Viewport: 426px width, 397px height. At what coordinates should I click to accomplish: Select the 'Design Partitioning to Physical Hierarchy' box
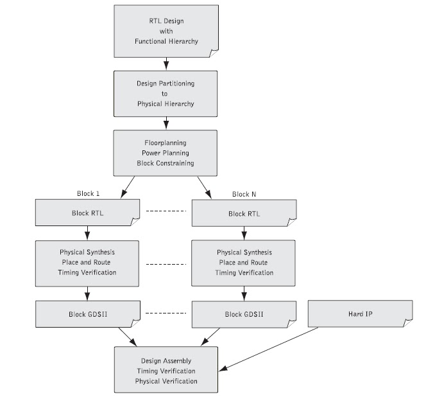pos(167,93)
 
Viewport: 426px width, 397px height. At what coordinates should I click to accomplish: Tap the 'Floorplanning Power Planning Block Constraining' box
pos(167,154)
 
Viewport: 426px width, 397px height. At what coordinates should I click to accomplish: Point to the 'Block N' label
pos(244,194)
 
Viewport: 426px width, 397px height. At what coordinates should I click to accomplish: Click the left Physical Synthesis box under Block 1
pos(87,263)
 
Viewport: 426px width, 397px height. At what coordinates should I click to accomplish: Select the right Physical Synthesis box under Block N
pos(244,263)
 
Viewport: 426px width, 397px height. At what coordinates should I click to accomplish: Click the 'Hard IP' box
pos(352,313)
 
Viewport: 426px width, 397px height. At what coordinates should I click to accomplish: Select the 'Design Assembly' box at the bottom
pos(167,371)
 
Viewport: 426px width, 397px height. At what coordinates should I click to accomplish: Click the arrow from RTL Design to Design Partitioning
pos(167,64)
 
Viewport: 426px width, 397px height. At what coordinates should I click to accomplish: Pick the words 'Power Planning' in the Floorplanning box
pos(167,154)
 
